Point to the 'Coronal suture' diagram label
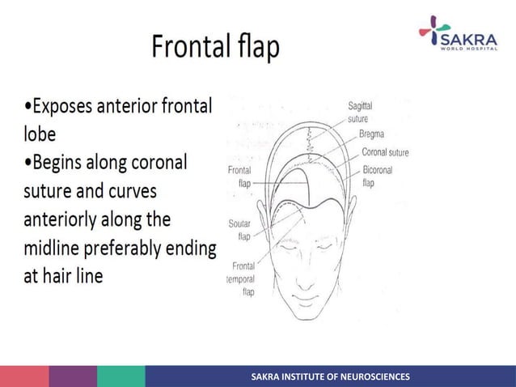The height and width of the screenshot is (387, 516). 385,151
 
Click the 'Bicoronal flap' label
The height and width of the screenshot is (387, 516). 376,177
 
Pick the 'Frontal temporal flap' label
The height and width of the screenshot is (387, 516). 243,279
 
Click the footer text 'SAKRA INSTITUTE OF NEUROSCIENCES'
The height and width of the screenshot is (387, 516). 330,376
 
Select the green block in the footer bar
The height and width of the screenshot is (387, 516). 121,376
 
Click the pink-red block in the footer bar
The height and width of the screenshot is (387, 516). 23,376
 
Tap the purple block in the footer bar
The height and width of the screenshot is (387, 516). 72,376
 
